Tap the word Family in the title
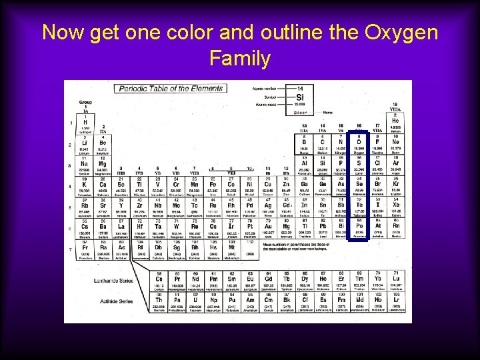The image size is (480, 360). pyautogui.click(x=239, y=59)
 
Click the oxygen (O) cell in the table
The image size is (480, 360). pyautogui.click(x=359, y=144)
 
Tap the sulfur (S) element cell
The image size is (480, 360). pyautogui.click(x=359, y=165)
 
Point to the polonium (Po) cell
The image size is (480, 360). pyautogui.click(x=359, y=228)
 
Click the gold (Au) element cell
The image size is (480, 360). pyautogui.click(x=269, y=228)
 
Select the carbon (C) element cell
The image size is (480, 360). pyautogui.click(x=323, y=144)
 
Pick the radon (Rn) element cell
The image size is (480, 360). pyautogui.click(x=395, y=228)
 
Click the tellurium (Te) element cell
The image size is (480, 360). pyautogui.click(x=359, y=207)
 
